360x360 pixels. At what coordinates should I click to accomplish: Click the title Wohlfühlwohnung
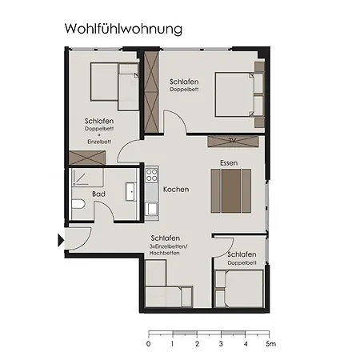click(x=123, y=29)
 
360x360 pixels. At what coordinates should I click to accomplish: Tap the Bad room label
click(x=98, y=194)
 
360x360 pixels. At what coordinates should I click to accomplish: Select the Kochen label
click(x=175, y=190)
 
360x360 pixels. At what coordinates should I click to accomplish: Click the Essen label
click(x=230, y=163)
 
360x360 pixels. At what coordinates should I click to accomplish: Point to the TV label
click(x=232, y=142)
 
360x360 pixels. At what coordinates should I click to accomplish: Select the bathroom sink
click(x=130, y=192)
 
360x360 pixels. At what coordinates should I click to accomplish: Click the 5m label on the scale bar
click(x=272, y=345)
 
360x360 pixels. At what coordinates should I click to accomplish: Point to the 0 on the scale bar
click(x=148, y=345)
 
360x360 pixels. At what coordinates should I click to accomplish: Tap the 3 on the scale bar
click(x=222, y=345)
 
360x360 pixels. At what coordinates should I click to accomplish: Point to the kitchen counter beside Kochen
click(x=152, y=192)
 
